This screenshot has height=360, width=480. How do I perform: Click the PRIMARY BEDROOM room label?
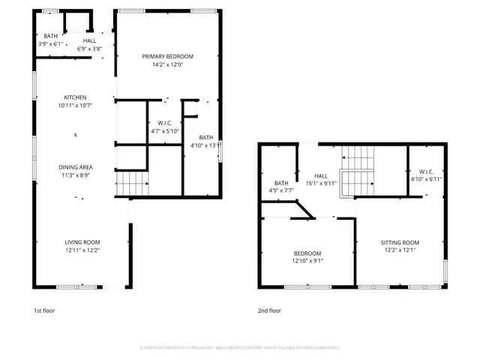point(168,57)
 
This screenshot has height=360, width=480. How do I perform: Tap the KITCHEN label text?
point(75,97)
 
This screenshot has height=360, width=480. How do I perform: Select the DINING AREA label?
point(76,166)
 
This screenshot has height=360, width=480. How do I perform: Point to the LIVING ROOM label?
point(82,241)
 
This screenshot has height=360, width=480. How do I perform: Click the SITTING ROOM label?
point(400,243)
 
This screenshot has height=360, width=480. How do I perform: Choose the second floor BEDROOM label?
point(307,253)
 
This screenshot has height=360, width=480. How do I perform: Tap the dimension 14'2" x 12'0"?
point(168,65)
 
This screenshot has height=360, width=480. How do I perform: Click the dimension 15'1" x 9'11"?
point(321,183)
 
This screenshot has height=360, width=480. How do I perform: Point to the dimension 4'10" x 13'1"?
point(202,145)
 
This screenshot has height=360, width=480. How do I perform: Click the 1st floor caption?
point(44,310)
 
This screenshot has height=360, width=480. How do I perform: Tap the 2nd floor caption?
point(269,310)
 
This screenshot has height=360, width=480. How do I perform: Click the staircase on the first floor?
point(132,182)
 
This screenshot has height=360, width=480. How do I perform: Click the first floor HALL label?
point(89,40)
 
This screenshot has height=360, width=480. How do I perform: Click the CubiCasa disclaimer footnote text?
point(240,347)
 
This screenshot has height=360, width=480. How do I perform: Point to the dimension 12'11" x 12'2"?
point(82,250)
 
